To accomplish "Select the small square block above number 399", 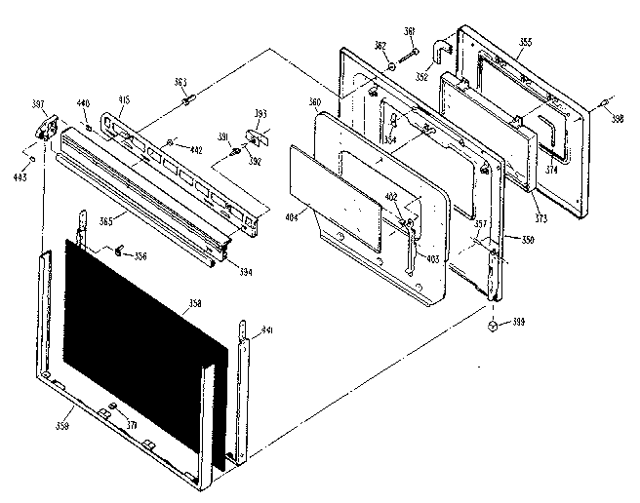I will point(494,322).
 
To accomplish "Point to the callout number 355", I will point(526,42).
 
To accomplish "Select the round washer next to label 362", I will point(390,65).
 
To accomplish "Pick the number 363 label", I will point(181,82).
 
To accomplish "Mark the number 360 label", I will point(315,102).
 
